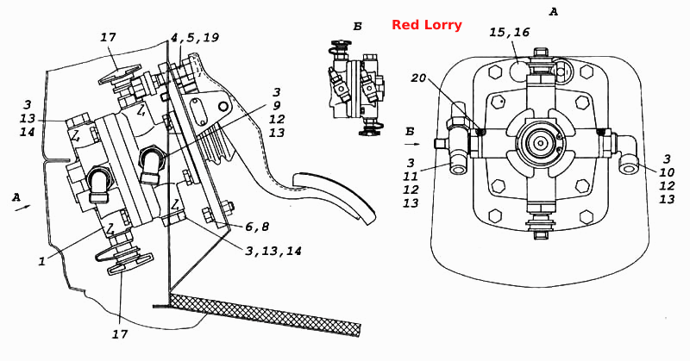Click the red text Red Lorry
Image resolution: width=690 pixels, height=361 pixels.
(426, 25)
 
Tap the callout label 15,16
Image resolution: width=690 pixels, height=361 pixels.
(509, 32)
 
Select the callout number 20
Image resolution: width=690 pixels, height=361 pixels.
(419, 78)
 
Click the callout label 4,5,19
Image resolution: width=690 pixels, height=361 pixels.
(195, 37)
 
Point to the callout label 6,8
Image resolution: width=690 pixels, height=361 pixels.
(256, 227)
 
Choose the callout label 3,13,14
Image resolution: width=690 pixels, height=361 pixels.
(273, 251)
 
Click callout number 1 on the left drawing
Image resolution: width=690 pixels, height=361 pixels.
(41, 261)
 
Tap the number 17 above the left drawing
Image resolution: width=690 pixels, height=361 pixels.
(108, 37)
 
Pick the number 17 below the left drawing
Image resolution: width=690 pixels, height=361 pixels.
(119, 334)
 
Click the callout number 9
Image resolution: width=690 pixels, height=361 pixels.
(276, 105)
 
